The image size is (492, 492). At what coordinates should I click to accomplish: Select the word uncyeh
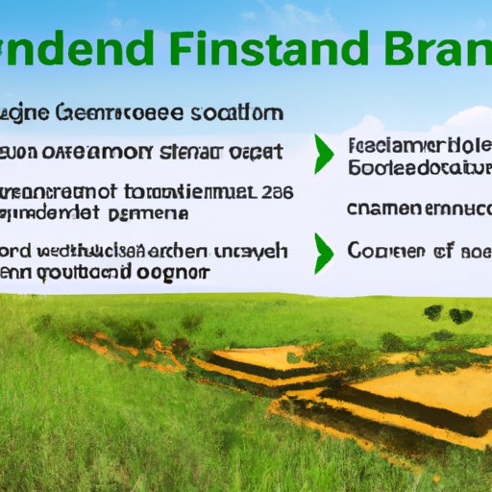click(254, 252)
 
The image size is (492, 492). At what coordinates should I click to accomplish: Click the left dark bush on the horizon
click(433, 311)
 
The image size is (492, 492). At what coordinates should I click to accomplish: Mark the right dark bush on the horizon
click(461, 315)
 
